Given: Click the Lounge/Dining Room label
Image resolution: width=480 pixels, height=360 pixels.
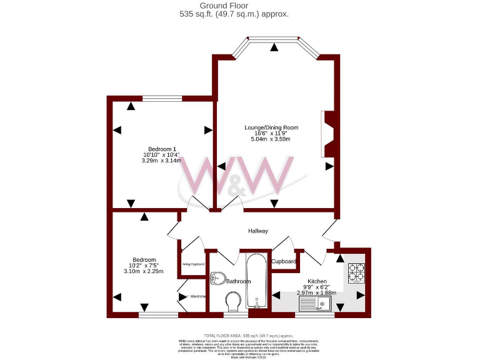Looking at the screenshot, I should (x=271, y=127).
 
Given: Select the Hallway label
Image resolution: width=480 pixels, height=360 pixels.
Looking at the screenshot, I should (x=258, y=231).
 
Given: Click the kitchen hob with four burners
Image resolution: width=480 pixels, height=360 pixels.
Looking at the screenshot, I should (x=356, y=272).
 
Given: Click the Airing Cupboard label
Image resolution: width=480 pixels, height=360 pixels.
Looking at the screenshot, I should (x=193, y=264).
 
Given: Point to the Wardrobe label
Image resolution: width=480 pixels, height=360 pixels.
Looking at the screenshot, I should (x=198, y=296).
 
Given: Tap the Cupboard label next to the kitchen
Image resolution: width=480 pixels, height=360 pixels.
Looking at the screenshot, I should (x=283, y=261).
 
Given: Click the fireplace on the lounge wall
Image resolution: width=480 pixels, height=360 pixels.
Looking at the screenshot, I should (x=328, y=134).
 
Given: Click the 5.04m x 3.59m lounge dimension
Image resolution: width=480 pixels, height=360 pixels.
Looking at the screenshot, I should (x=271, y=139).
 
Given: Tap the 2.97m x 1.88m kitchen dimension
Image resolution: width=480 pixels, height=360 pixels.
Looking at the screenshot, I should (x=316, y=292).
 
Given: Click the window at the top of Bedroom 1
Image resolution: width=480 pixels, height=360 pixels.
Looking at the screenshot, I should (x=162, y=98).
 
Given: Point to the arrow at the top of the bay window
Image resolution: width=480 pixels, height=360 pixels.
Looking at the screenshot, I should (x=274, y=47).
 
